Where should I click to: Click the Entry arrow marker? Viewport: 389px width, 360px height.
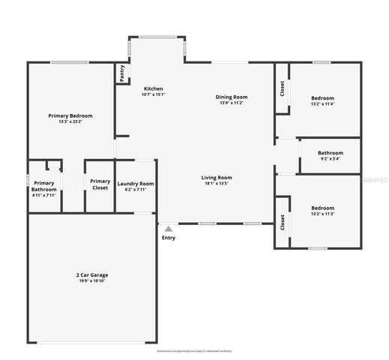[169, 229]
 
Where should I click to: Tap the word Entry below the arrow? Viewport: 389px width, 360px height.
[169, 238]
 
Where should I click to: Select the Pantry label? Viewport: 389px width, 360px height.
[120, 73]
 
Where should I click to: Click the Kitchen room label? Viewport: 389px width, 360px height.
[154, 88]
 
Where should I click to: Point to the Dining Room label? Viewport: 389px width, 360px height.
[232, 97]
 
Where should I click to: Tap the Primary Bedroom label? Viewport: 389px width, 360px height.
[70, 115]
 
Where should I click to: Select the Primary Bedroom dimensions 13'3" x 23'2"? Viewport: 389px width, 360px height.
[70, 122]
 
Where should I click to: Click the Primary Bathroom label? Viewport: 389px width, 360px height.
[44, 186]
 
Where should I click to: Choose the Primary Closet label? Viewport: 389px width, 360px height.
[100, 184]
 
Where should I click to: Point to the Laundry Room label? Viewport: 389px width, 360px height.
[136, 184]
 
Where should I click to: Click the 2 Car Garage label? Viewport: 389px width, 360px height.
[92, 275]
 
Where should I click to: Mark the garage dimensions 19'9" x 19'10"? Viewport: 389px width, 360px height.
[92, 281]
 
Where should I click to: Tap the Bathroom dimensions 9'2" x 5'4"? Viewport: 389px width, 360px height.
[330, 158]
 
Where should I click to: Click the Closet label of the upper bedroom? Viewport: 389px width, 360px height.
[282, 88]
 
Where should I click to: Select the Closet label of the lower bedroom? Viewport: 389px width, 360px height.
[282, 222]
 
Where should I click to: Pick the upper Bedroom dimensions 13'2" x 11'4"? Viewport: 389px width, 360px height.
[322, 104]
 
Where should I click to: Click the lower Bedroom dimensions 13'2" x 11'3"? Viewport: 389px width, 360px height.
[322, 214]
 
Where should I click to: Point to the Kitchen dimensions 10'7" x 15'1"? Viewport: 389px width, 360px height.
[154, 94]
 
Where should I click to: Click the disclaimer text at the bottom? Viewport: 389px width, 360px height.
[194, 350]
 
